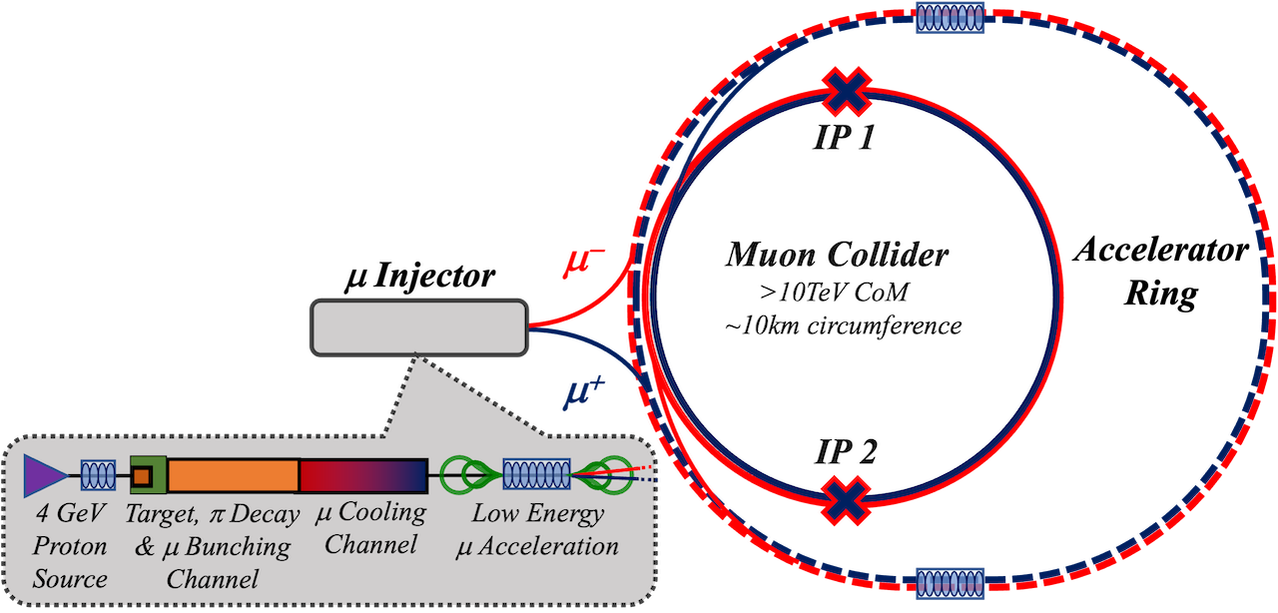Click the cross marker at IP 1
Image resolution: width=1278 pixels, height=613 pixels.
click(x=847, y=93)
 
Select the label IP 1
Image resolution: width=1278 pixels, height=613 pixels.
click(x=845, y=136)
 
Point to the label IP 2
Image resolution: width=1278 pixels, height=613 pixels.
click(x=846, y=454)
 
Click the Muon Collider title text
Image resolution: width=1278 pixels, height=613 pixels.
click(x=836, y=256)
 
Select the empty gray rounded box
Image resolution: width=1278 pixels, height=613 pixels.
click(x=419, y=326)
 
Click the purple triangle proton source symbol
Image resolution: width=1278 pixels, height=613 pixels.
click(x=44, y=475)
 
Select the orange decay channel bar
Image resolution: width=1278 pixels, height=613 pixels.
click(x=233, y=475)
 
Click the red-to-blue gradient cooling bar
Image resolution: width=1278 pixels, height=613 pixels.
click(x=363, y=475)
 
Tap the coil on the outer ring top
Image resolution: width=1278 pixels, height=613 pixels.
click(x=951, y=17)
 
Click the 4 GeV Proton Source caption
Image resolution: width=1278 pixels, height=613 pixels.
click(x=70, y=546)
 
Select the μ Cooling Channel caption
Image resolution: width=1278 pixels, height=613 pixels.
click(x=370, y=529)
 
